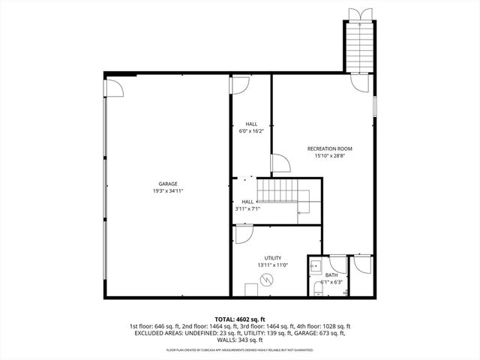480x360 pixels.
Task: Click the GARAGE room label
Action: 167,184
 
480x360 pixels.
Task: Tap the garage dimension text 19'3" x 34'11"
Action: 167,191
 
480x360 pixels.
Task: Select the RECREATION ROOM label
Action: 329,148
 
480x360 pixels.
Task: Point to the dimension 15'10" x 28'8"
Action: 329,156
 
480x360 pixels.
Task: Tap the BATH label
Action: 331,275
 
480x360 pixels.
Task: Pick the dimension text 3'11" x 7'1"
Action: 247,209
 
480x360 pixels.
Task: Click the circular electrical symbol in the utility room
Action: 265,280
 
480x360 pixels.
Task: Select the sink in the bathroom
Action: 316,265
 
